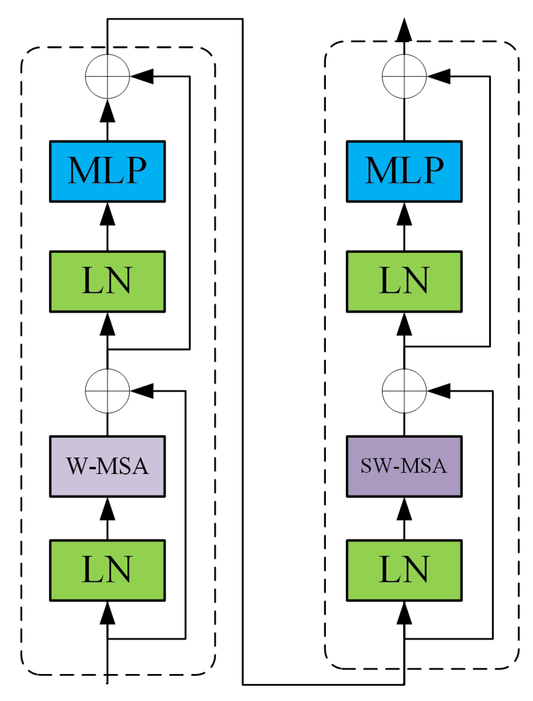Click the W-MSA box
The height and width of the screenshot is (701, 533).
point(107,466)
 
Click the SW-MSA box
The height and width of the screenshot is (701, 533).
point(404,466)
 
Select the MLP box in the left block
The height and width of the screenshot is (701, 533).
point(107,171)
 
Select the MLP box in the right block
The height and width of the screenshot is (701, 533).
point(404,171)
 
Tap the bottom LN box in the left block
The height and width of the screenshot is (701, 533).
point(107,570)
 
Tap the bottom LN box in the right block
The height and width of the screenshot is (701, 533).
point(404,570)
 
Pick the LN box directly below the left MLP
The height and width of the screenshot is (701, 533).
point(107,281)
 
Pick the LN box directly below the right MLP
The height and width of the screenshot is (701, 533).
point(404,281)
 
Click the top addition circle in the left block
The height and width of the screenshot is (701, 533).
point(107,76)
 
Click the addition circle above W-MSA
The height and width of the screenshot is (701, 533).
point(107,391)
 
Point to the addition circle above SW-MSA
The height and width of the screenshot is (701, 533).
point(404,391)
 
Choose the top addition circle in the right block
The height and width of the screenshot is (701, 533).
point(404,76)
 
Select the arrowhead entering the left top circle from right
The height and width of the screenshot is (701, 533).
point(142,76)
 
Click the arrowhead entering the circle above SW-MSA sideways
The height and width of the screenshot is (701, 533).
point(439,391)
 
